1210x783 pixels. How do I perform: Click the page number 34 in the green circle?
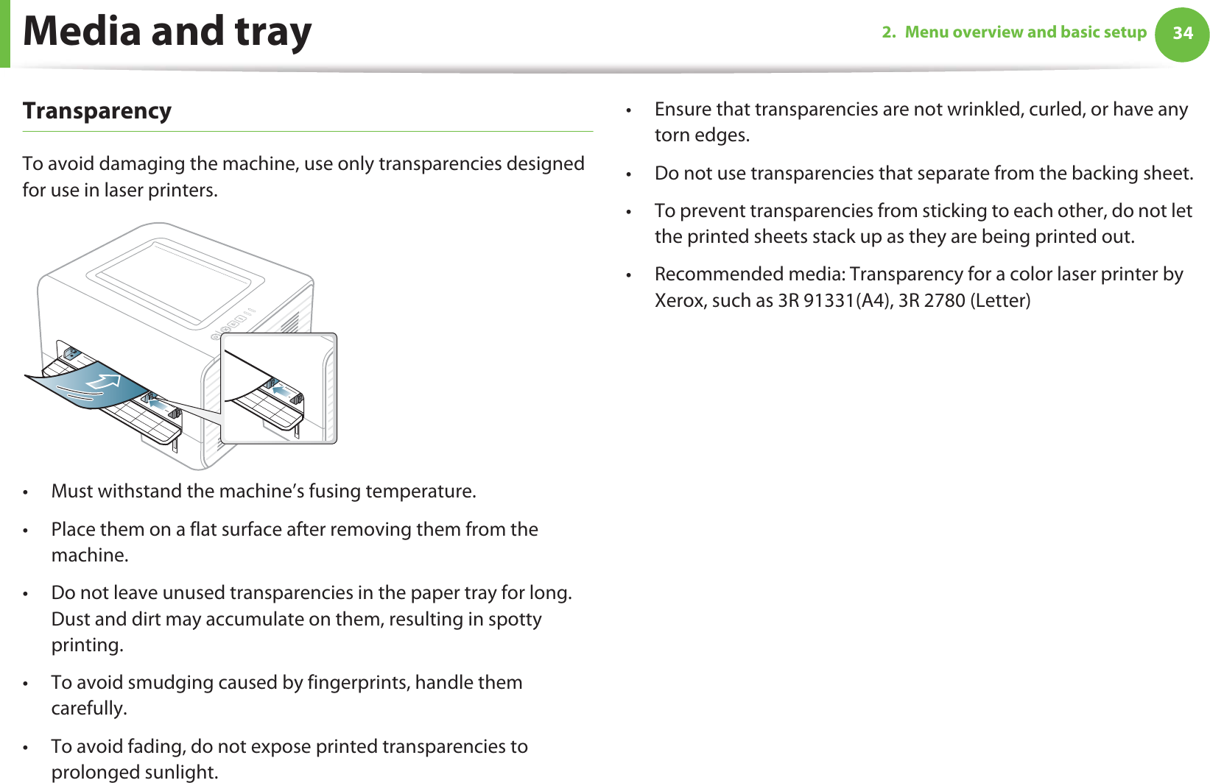[1182, 33]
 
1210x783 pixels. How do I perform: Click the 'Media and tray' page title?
[167, 32]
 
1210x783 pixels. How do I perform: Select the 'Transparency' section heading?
[96, 111]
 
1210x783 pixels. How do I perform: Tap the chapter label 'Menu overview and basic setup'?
[1025, 32]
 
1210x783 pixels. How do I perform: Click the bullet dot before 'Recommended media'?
[628, 275]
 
